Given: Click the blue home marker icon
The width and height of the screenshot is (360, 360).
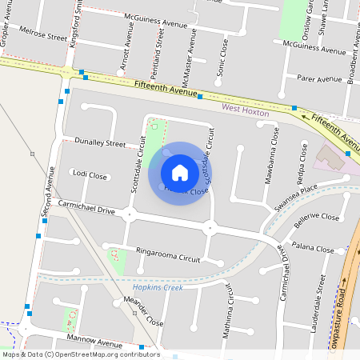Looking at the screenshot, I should pos(180,172).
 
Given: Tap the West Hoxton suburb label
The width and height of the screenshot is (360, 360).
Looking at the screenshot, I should pos(245,108).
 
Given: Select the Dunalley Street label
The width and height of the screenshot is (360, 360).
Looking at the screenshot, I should pos(100,143).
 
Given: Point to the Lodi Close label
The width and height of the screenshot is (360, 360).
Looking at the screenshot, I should pos(90,174).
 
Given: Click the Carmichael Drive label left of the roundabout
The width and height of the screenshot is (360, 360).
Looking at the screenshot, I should pos(86,208).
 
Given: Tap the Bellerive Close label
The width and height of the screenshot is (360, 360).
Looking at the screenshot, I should pos(317,217).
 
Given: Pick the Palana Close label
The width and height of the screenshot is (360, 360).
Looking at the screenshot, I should pos(313,250).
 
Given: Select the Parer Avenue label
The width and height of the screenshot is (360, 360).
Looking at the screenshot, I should pos(319,79).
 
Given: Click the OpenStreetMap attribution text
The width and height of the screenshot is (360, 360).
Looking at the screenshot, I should pos(80,354).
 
